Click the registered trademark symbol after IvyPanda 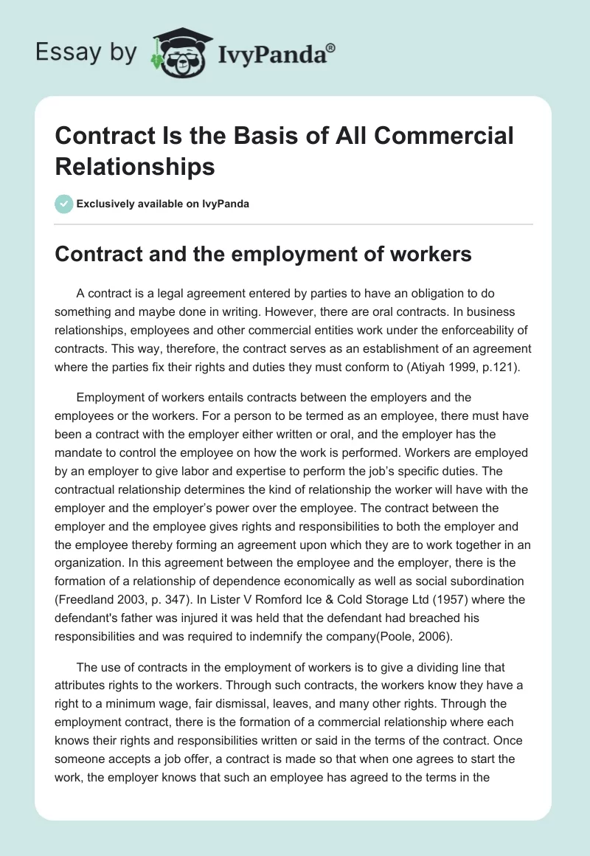[330, 47]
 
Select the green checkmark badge [64, 204]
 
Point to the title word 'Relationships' [136, 166]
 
